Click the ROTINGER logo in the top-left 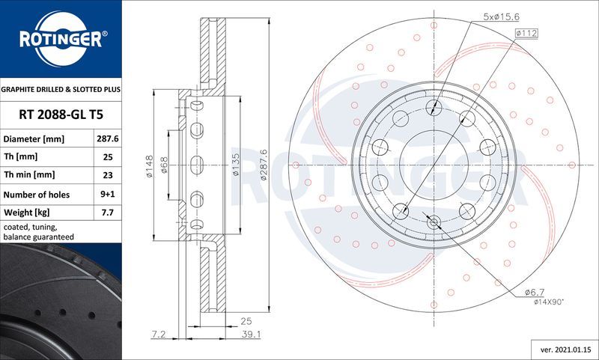click(61, 38)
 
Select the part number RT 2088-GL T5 click(61, 115)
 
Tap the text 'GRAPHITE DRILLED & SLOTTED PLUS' click(61, 89)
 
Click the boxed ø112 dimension click(528, 33)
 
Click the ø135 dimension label click(236, 165)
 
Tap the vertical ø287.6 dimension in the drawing click(264, 165)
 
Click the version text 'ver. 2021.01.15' click(565, 349)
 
